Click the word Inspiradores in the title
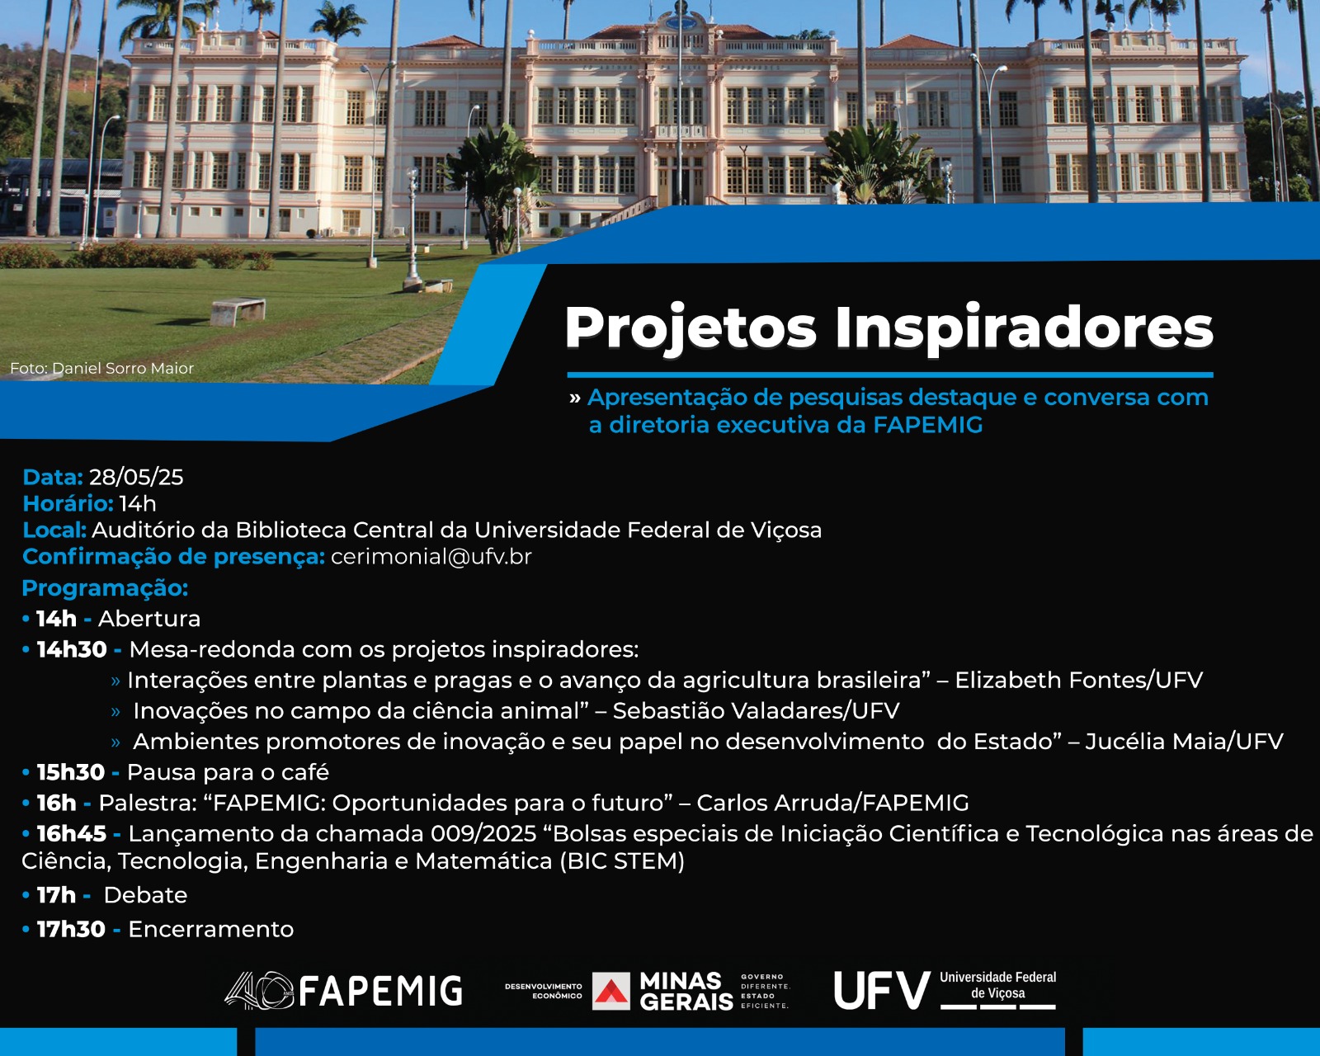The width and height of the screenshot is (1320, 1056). pos(1024,329)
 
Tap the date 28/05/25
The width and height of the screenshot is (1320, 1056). pos(136,478)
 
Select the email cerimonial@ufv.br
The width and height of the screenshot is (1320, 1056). pos(431,557)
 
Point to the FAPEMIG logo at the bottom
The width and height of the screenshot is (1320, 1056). pos(343,990)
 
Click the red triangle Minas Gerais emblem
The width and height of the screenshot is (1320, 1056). pos(611,991)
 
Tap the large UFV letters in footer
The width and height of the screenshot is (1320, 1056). pos(882,990)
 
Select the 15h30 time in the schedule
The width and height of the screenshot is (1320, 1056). pos(71,772)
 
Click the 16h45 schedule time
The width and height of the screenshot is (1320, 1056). pos(71,834)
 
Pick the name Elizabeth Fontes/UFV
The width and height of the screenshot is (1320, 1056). pos(1078,680)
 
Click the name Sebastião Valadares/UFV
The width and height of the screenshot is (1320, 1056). pos(756,710)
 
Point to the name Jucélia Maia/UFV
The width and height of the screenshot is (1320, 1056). pos(1184,741)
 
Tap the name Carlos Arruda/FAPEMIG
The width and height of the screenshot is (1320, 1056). pos(832,803)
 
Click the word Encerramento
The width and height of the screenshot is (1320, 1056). pos(210,929)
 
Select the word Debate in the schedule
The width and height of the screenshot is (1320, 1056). pos(145,895)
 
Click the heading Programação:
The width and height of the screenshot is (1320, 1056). pos(105,588)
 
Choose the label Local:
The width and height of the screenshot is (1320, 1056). pos(54,530)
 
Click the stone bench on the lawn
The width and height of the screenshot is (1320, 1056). pos(238,311)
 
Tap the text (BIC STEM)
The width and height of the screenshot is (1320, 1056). pos(622,861)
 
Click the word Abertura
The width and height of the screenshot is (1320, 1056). pos(149,619)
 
